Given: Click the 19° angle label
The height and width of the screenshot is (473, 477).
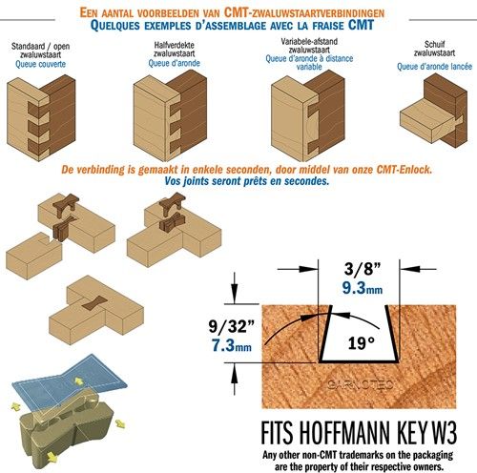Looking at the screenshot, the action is [x=361, y=343].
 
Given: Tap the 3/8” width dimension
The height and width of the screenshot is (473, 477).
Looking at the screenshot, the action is [x=363, y=269].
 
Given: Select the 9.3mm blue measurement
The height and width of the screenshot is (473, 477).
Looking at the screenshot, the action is [x=363, y=288].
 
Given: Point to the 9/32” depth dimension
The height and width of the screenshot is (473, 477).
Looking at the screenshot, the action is [x=232, y=326].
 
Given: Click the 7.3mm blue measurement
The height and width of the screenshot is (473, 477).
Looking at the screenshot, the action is [x=232, y=345].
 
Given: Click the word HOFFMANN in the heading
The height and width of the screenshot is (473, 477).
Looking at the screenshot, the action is [x=344, y=433].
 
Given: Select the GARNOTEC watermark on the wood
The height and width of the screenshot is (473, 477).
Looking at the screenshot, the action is [x=361, y=384].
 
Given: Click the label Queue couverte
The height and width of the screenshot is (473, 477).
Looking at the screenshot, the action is [x=40, y=64].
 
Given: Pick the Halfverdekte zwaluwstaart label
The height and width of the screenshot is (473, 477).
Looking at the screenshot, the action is [x=174, y=50].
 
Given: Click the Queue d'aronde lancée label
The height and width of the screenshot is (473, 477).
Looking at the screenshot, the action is [x=434, y=67].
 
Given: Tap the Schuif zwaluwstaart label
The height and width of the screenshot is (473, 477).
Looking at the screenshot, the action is [x=434, y=49].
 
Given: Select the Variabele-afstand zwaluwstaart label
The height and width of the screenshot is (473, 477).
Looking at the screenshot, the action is [x=309, y=46].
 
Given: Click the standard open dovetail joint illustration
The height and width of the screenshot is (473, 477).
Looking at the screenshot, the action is [x=41, y=117].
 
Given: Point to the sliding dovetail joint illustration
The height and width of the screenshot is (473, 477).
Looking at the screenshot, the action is [x=433, y=111].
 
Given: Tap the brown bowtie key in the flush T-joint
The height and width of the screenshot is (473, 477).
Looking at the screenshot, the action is [x=94, y=302].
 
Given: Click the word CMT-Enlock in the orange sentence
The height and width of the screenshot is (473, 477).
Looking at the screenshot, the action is [x=404, y=170].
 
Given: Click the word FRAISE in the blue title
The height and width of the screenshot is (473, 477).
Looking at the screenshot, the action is [x=328, y=26].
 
